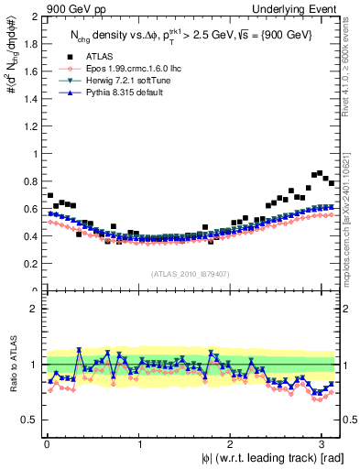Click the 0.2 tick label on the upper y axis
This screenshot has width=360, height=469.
[29, 264]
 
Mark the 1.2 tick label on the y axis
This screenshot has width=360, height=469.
[29, 126]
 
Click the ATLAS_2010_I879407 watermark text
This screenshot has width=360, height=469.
[190, 273]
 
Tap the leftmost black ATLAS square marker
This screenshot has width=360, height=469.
[49, 196]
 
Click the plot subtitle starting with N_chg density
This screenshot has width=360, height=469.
[192, 34]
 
